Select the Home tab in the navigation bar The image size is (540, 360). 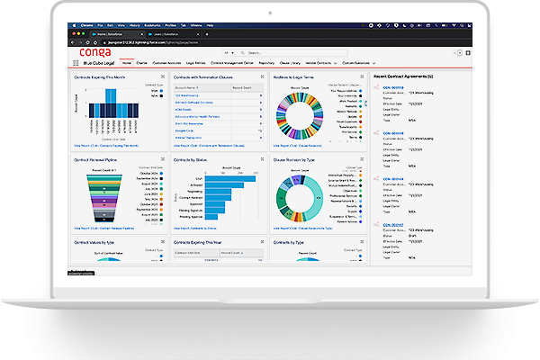(x=127, y=63)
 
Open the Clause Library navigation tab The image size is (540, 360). (x=290, y=63)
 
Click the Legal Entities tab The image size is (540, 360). (x=195, y=63)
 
